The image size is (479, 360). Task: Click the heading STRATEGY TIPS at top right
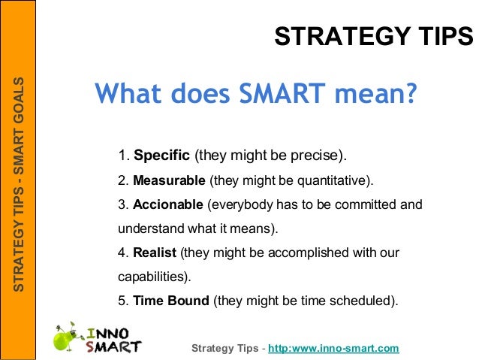pos(373,35)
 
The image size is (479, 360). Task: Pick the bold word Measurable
pos(169,181)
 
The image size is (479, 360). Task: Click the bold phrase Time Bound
pos(171,301)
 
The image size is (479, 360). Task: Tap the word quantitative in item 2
pos(328,181)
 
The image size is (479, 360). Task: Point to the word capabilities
pos(152,277)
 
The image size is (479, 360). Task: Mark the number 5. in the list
pos(123,301)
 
